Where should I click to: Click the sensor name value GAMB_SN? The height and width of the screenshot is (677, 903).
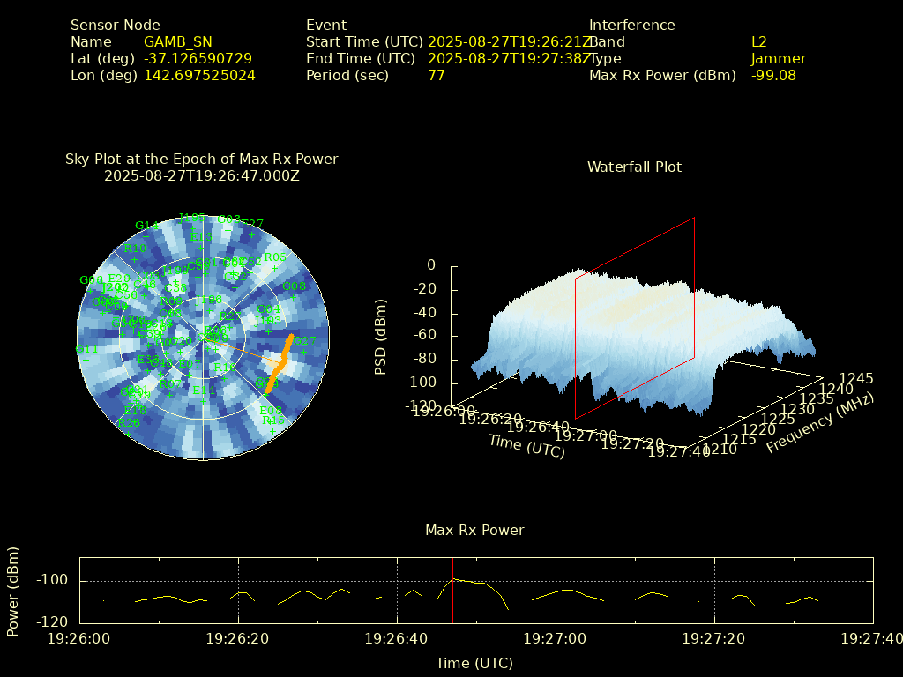click(177, 41)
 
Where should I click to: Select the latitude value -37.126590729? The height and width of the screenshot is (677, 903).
click(198, 58)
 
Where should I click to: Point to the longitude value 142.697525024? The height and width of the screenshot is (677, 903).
click(199, 75)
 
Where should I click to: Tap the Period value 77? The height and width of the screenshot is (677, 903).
click(436, 75)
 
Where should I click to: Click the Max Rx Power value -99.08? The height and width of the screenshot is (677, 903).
click(773, 75)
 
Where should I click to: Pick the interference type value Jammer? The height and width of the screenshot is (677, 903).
click(778, 58)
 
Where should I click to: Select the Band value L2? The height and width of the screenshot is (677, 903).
click(758, 41)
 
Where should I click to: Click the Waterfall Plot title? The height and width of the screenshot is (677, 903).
click(634, 167)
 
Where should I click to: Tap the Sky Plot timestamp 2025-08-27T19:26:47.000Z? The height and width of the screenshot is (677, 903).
click(201, 175)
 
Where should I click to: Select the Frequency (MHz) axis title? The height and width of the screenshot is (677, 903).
click(819, 424)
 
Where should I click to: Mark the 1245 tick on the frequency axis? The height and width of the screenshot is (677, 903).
click(855, 378)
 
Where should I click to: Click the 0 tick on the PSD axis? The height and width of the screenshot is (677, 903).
click(431, 264)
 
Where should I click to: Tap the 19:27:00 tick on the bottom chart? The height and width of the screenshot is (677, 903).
click(556, 637)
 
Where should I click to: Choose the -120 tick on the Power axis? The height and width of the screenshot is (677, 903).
click(56, 621)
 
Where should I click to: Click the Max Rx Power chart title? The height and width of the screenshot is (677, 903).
click(474, 530)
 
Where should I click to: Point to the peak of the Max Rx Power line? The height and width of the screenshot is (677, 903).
click(452, 578)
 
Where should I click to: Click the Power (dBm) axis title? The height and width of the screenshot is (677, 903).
click(13, 590)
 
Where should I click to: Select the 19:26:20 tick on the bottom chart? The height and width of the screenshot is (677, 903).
click(238, 637)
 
